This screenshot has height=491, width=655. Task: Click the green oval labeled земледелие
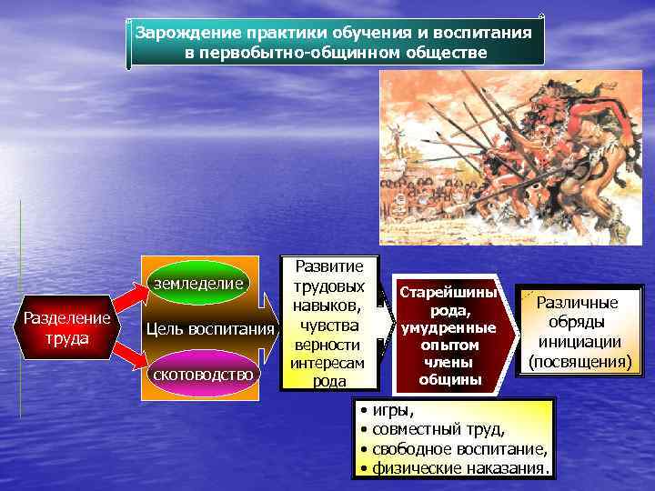point(198,284)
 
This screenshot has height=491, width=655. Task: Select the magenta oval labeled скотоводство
point(204,374)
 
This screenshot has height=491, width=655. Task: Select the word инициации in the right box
point(579,343)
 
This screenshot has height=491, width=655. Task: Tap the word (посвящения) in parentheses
point(579,362)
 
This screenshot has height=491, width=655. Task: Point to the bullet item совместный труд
point(438,430)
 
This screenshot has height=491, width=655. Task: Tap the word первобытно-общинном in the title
point(287,52)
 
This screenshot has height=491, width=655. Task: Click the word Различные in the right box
point(579,304)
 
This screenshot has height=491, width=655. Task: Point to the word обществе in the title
point(440,52)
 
